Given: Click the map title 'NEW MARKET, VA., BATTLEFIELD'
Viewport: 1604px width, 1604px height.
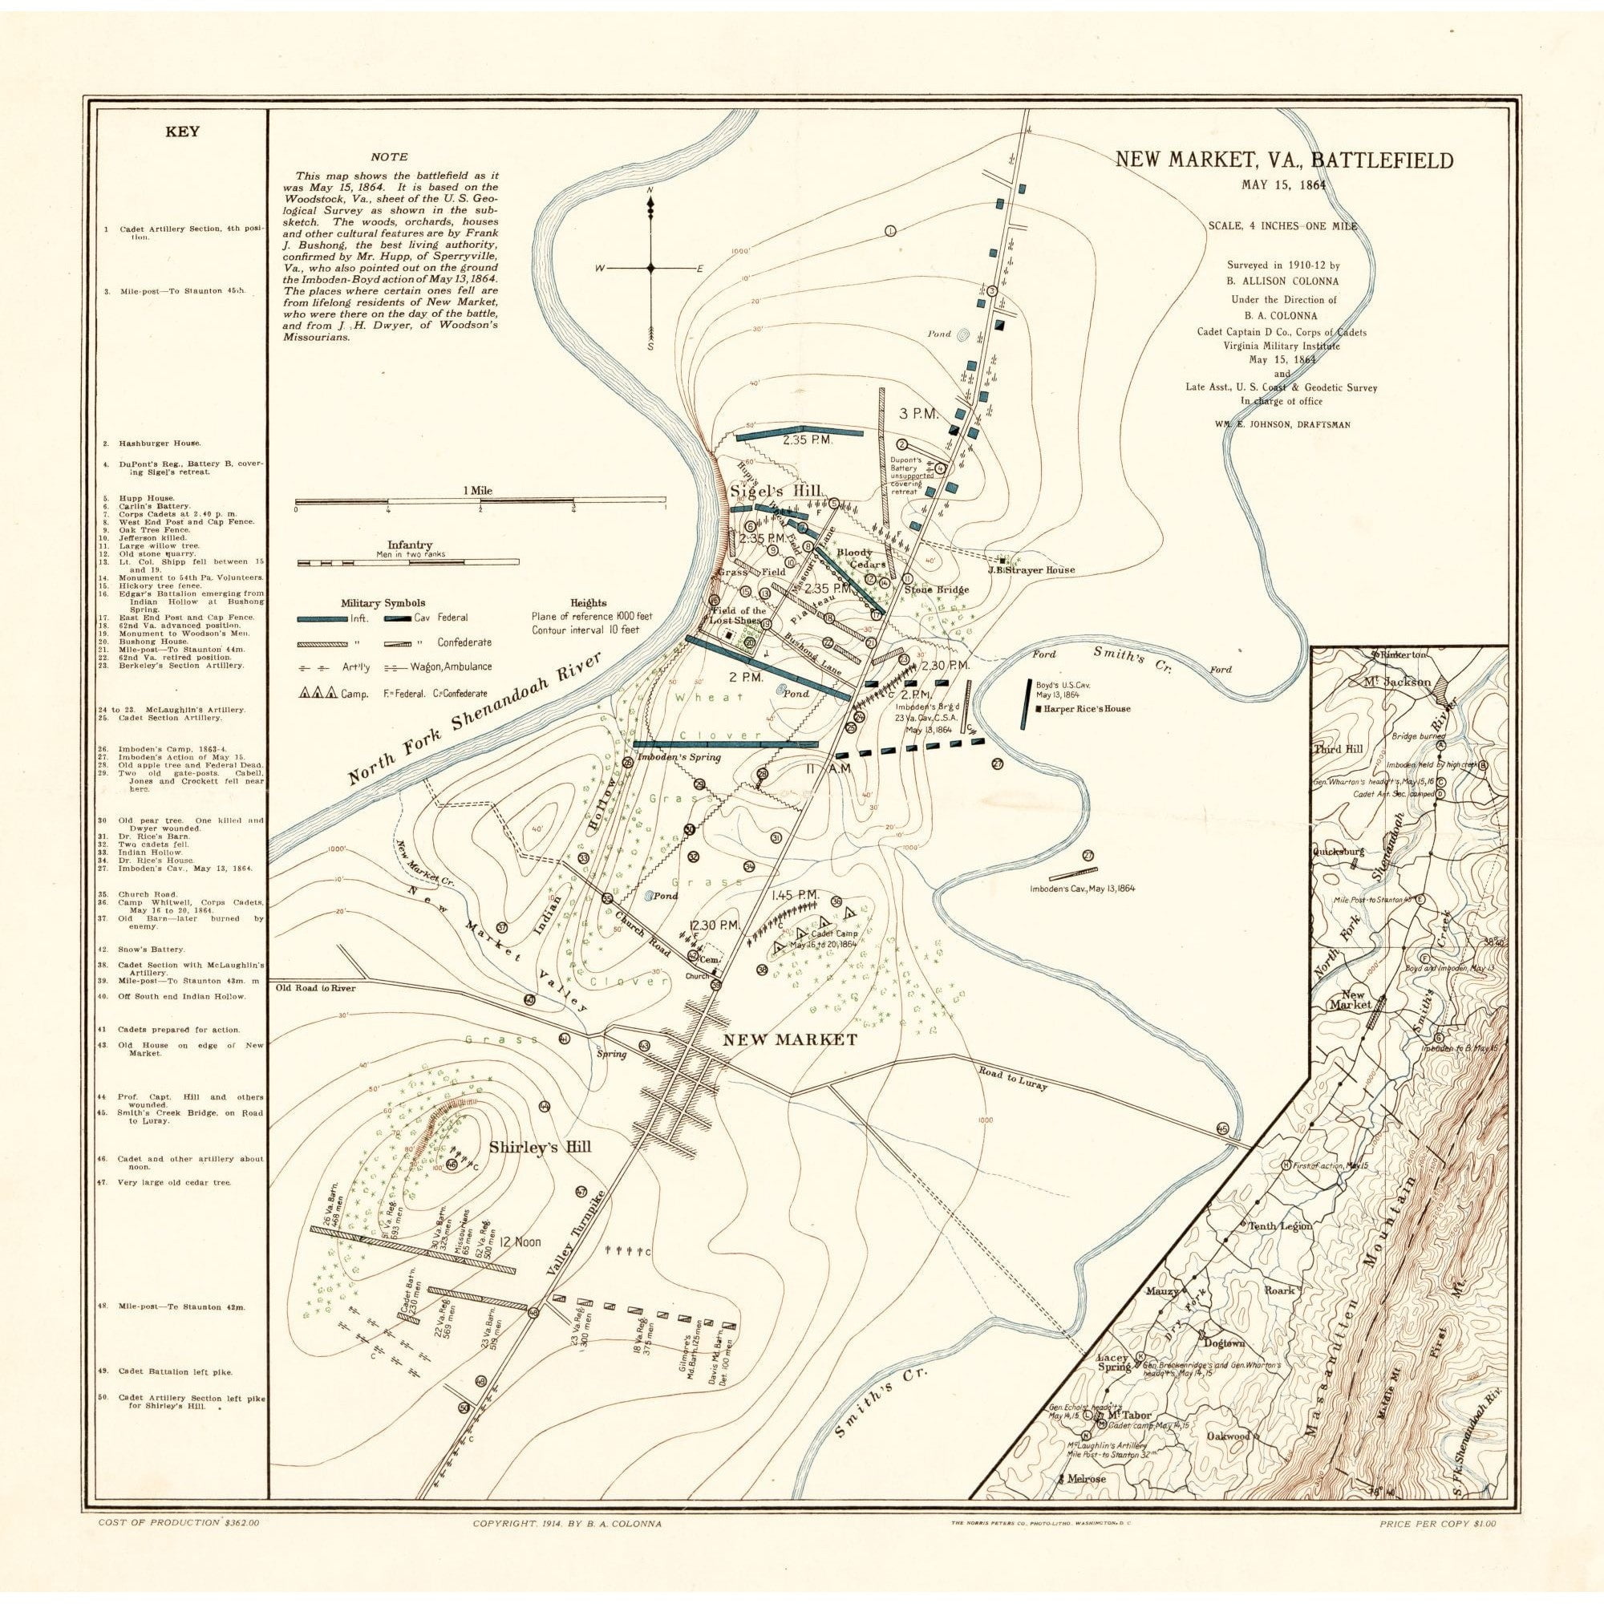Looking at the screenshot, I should [1283, 160].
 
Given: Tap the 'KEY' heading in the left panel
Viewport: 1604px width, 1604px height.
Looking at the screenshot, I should [182, 132].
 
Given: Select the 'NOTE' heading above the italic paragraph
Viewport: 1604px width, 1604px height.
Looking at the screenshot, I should [390, 156].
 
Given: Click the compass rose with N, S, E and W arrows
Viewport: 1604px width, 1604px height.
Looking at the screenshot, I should [650, 267].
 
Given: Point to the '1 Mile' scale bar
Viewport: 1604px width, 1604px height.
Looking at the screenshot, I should [480, 501].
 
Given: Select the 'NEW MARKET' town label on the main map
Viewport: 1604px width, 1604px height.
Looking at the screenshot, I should [789, 1039].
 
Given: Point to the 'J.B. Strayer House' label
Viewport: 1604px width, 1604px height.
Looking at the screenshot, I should [1031, 569].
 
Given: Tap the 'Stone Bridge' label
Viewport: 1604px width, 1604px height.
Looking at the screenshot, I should [936, 589].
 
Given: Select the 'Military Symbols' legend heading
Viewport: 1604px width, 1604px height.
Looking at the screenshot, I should [382, 603].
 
